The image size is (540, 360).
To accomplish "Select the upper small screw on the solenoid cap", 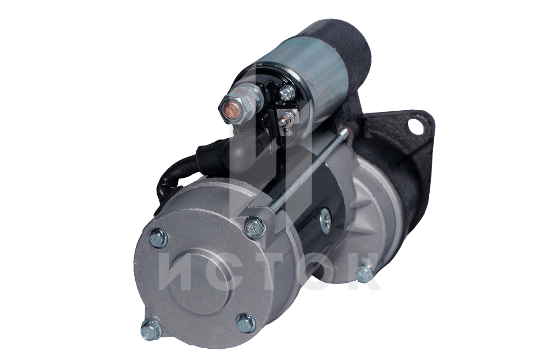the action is pos(287,92).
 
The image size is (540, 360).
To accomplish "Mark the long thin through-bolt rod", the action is pos(309,170).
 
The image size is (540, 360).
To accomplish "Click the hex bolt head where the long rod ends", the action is pos(254,226).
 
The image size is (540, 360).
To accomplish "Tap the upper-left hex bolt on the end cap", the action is pos(157,238).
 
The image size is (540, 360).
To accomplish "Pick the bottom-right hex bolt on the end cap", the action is pos(245,323).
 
